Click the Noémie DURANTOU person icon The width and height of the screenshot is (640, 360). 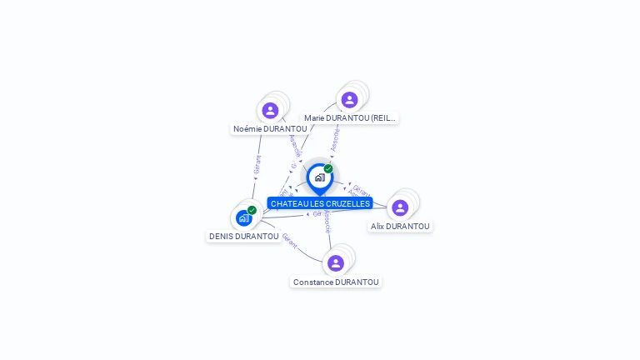tap(270, 110)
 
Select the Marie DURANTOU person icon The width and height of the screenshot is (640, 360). tap(349, 100)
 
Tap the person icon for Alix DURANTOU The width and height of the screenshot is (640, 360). tap(400, 207)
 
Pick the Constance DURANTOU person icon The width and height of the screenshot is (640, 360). tap(336, 263)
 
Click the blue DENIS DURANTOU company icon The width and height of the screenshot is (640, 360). tap(243, 218)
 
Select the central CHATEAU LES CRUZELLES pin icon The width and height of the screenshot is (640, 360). tap(319, 177)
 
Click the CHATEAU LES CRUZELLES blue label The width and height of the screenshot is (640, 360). tap(320, 203)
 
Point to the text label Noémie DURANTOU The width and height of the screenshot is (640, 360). tap(270, 129)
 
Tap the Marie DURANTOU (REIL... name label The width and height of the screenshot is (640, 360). tap(349, 118)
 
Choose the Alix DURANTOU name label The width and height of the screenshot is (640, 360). tap(400, 227)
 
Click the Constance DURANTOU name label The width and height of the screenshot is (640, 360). tap(336, 282)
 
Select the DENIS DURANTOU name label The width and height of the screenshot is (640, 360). tap(244, 237)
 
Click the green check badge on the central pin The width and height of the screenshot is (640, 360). tap(328, 169)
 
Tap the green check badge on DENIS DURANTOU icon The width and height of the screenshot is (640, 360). tap(252, 210)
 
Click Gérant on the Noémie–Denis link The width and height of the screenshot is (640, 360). tap(257, 164)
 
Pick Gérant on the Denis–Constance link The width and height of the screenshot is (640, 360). tap(289, 241)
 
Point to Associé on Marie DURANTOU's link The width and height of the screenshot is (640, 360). tap(334, 140)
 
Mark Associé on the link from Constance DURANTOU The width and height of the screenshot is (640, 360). tap(327, 222)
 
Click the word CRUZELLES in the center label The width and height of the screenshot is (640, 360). tap(349, 203)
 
